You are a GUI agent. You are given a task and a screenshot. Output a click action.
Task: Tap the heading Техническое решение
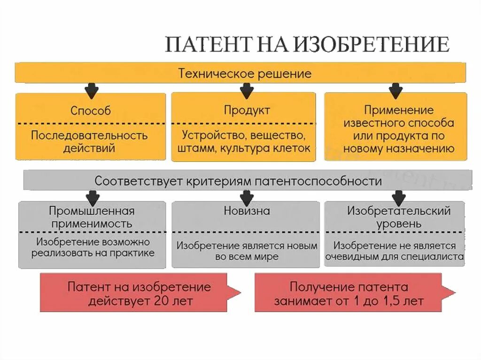click(244, 74)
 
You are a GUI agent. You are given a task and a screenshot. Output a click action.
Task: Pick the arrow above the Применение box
click(396, 90)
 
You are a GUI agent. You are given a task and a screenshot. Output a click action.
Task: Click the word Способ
click(91, 111)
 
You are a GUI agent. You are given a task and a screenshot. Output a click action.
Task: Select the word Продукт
click(247, 110)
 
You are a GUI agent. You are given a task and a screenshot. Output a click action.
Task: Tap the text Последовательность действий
click(89, 142)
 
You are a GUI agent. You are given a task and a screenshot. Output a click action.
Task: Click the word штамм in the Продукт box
click(194, 149)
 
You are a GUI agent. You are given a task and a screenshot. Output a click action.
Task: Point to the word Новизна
click(247, 211)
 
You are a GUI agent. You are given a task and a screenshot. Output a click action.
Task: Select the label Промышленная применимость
click(92, 217)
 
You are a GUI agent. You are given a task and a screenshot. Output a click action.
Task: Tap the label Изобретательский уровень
click(399, 217)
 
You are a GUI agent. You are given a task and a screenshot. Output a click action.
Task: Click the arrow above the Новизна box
click(247, 197)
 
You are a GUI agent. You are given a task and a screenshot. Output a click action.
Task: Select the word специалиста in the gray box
click(434, 257)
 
